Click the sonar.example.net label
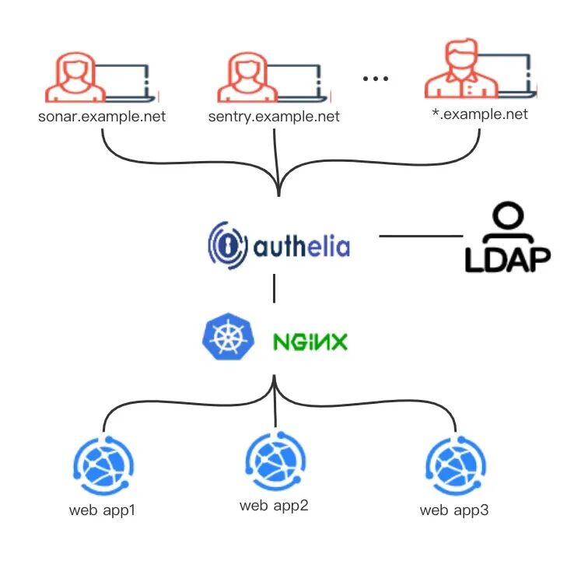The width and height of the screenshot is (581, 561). click(x=102, y=117)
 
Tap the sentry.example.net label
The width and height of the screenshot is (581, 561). click(x=274, y=117)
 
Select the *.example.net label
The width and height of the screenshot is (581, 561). click(x=480, y=114)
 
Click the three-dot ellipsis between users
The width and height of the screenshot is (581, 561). click(x=376, y=79)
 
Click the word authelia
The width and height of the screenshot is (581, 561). click(x=302, y=246)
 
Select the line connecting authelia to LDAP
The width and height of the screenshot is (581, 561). click(x=421, y=236)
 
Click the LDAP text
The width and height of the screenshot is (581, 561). click(x=508, y=260)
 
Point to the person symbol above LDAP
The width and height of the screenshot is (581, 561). click(x=508, y=221)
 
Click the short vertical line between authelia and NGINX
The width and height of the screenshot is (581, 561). click(x=275, y=289)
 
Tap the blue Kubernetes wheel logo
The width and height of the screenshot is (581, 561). click(x=229, y=336)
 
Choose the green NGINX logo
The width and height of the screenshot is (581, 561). click(x=310, y=342)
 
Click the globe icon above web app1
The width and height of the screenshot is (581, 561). click(x=103, y=466)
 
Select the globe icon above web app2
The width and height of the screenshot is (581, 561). click(x=275, y=461)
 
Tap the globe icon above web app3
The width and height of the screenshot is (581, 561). click(x=456, y=466)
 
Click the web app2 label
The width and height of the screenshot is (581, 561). click(x=274, y=506)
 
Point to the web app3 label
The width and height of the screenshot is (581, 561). click(x=454, y=510)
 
